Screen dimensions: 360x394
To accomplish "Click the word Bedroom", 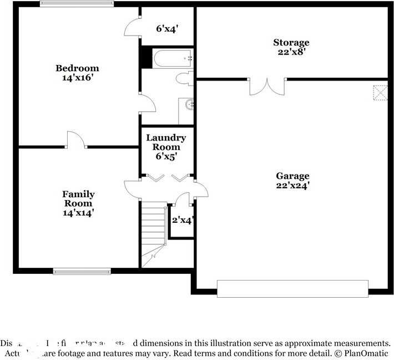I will pyautogui.click(x=77, y=68).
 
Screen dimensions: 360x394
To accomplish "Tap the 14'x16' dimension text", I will pyautogui.click(x=77, y=78).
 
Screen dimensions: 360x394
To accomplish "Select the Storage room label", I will pyautogui.click(x=291, y=43).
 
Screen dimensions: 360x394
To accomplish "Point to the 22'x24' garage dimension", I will pyautogui.click(x=292, y=186).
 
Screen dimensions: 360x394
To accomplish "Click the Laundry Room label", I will pyautogui.click(x=166, y=142).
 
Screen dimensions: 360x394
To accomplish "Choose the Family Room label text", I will pyautogui.click(x=78, y=198).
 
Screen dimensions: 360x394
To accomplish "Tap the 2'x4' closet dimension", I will pyautogui.click(x=182, y=220).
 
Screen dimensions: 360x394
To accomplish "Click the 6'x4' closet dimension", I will pyautogui.click(x=167, y=28).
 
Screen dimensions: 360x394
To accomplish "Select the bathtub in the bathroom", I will pyautogui.click(x=173, y=58).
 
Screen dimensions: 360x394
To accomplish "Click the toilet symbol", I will pyautogui.click(x=184, y=78).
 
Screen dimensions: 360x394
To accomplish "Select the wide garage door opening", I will pyautogui.click(x=292, y=289).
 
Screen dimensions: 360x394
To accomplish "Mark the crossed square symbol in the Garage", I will pyautogui.click(x=380, y=92).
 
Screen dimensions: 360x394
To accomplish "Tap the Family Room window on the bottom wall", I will pyautogui.click(x=82, y=272).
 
